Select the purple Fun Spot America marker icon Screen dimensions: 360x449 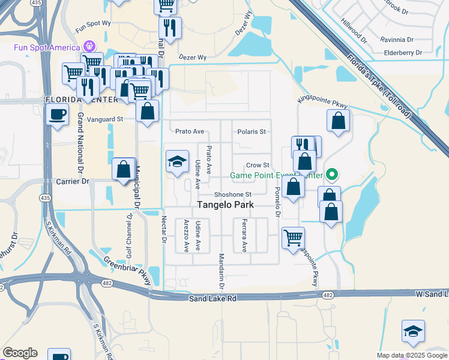point(90,46)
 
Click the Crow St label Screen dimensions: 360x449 point(258,166)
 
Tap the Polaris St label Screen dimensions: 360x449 point(252,131)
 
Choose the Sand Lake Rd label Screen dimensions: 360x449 point(213,298)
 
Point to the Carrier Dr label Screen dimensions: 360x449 point(73,181)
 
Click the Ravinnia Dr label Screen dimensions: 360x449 point(397,40)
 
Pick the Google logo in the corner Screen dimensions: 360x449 point(20,353)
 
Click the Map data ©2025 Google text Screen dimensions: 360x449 point(412,355)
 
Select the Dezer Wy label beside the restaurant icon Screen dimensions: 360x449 point(193,58)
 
